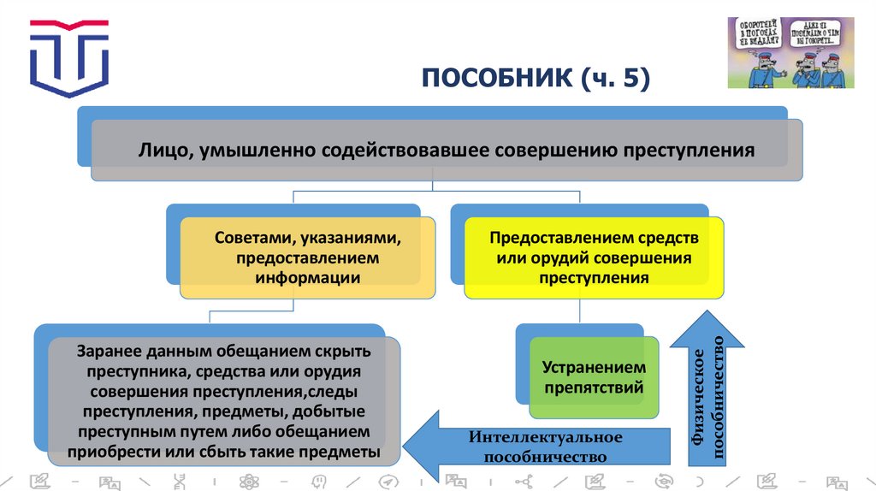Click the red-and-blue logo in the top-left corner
pyautogui.click(x=69, y=56)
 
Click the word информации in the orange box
pyautogui.click(x=305, y=277)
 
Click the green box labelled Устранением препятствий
pyautogui.click(x=593, y=377)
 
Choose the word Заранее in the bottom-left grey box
pyautogui.click(x=108, y=351)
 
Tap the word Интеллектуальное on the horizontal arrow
pyautogui.click(x=545, y=437)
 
